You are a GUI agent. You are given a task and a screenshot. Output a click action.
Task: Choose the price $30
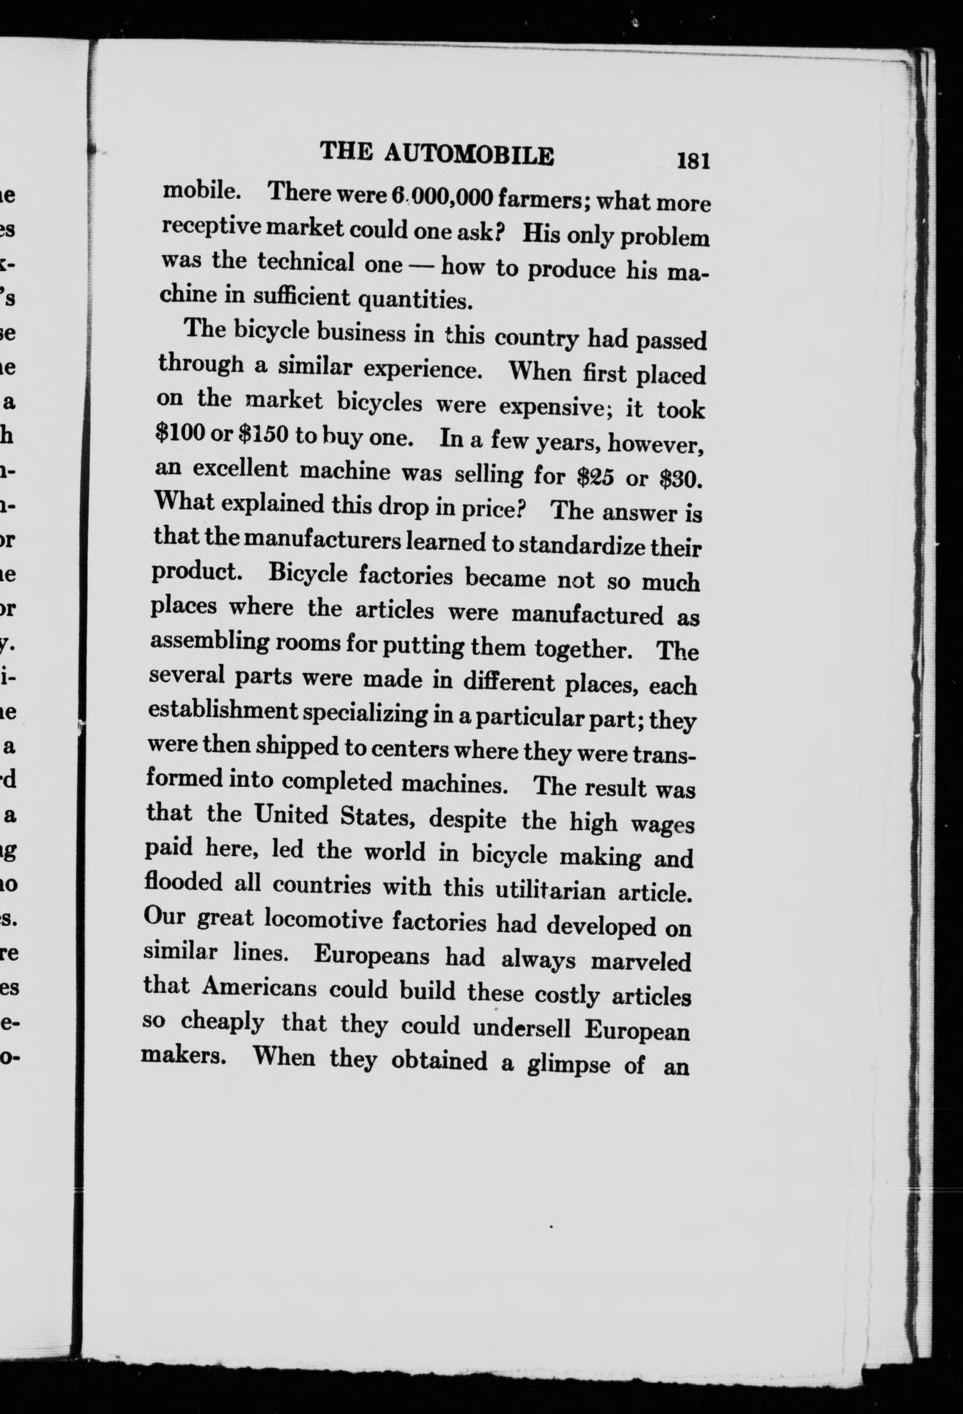pyautogui.click(x=681, y=480)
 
